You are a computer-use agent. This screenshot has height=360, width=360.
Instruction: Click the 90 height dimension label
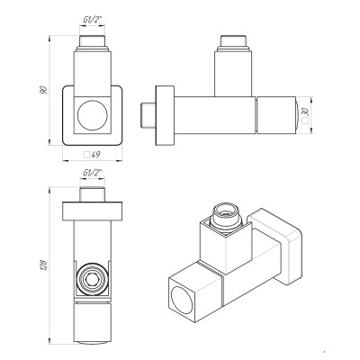(x=44, y=90)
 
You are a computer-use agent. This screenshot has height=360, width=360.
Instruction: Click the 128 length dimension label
(x=44, y=265)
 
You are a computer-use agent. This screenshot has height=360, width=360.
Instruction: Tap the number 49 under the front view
(x=95, y=155)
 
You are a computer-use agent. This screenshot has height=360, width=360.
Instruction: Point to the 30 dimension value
(x=305, y=112)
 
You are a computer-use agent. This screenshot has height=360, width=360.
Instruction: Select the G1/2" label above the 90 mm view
(x=93, y=21)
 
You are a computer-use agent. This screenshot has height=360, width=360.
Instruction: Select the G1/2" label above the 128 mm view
(x=93, y=173)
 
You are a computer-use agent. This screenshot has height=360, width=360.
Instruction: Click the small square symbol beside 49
(x=86, y=155)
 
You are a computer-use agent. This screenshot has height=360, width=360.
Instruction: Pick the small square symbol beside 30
(x=305, y=121)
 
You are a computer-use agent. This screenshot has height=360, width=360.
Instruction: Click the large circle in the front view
(x=93, y=115)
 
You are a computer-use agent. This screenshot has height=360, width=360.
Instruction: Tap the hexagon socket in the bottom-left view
(x=93, y=278)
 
